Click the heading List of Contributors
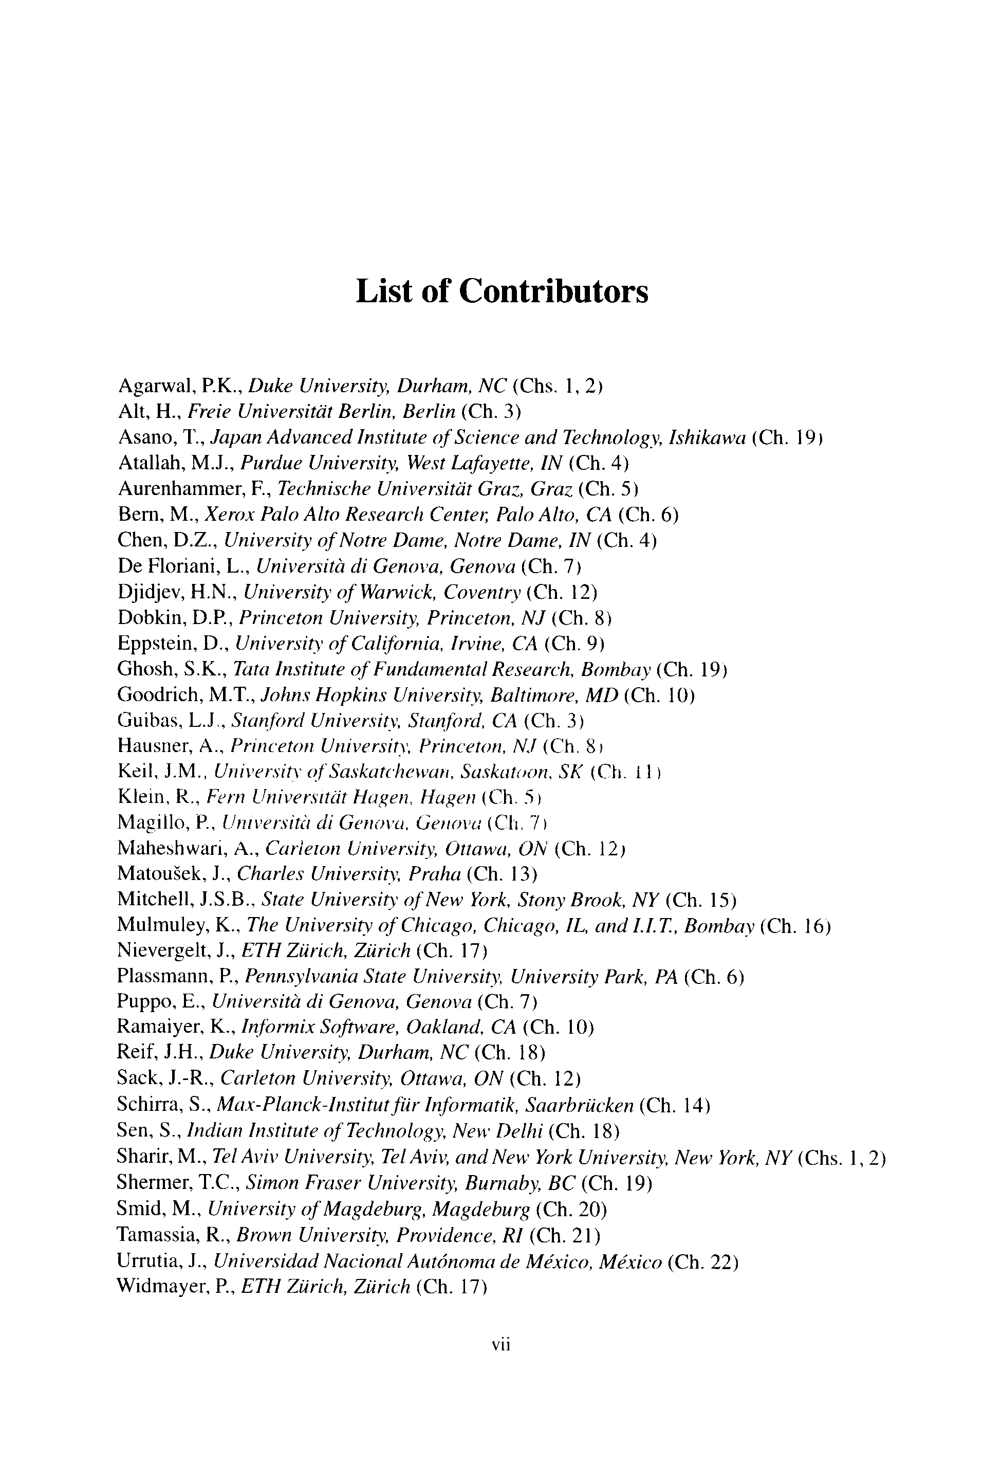(x=502, y=291)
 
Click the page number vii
(x=501, y=1345)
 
